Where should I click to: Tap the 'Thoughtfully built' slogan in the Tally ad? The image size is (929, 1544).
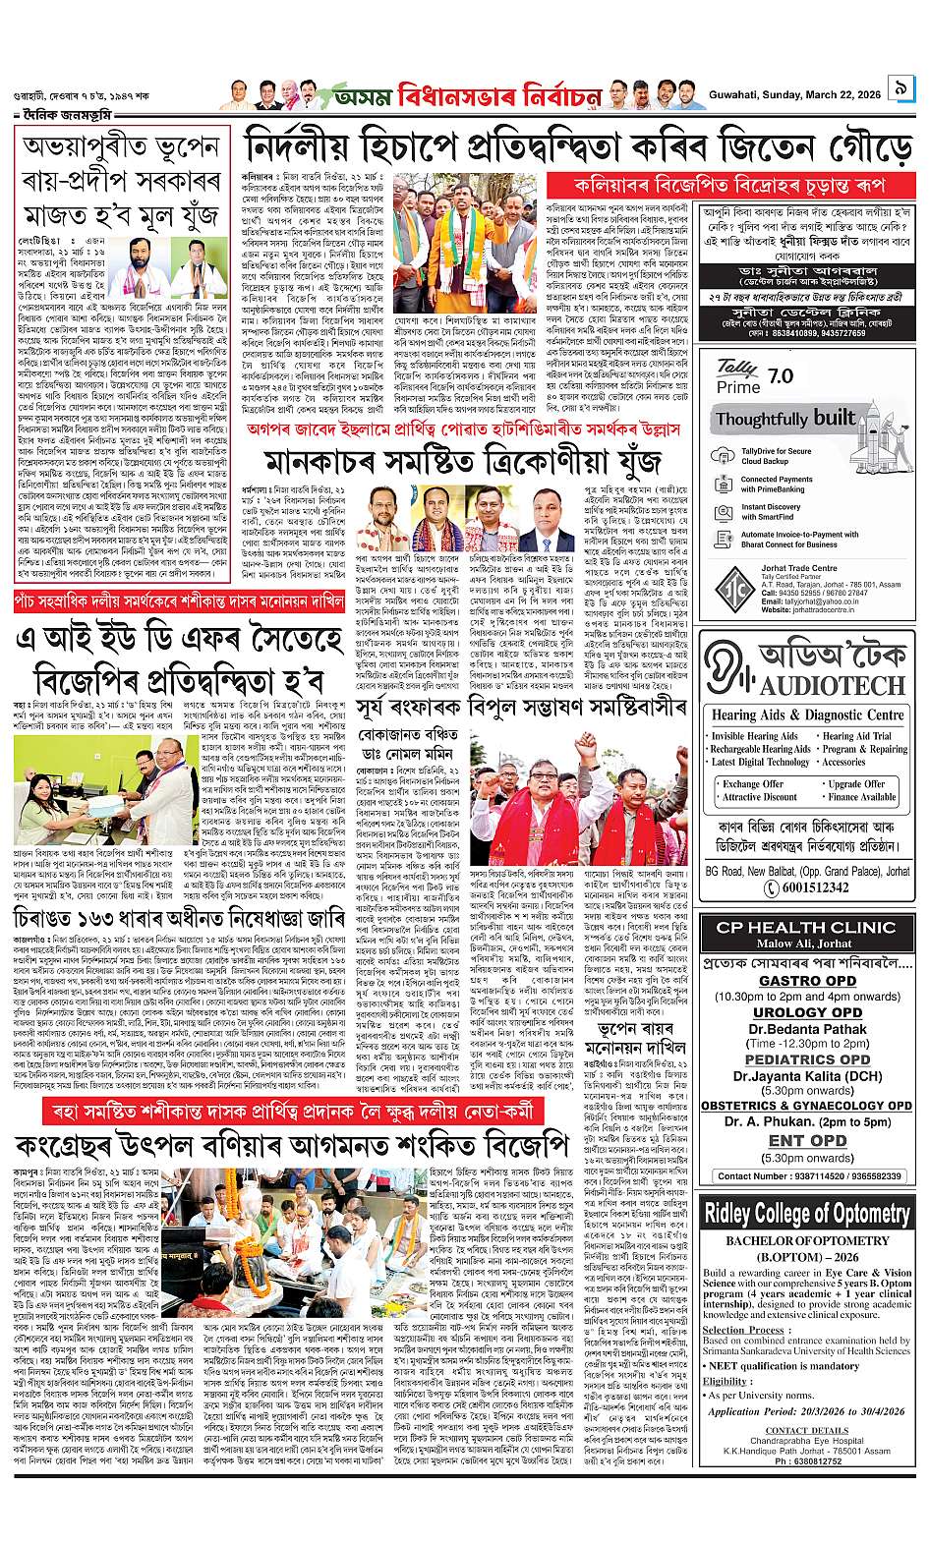785,418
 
